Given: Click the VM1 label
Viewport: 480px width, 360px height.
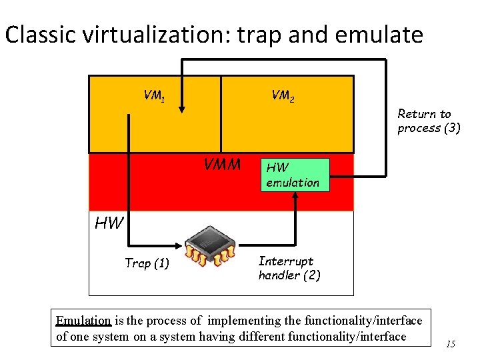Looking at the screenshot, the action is (154, 96).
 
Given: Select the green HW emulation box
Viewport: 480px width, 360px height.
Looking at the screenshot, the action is (295, 175).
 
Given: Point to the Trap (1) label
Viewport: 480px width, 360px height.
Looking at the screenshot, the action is (147, 263).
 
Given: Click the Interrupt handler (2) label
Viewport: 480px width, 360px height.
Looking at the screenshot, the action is (289, 267).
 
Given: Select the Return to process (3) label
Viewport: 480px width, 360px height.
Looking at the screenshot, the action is (429, 121).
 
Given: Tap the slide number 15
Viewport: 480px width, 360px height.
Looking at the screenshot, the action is (451, 344).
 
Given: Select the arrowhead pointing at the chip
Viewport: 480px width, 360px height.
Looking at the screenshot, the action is (181, 245).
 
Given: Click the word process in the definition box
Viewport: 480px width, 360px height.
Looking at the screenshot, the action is (164, 321).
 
